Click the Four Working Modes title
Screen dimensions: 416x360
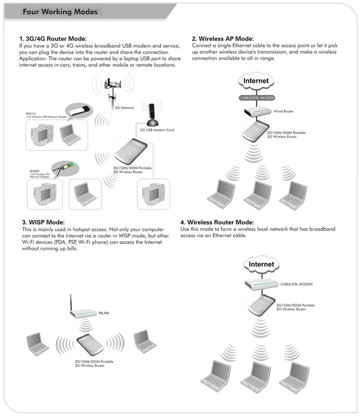click(x=60, y=11)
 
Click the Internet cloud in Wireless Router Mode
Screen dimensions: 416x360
click(x=261, y=264)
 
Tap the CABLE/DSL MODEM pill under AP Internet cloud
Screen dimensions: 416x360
click(x=257, y=98)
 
